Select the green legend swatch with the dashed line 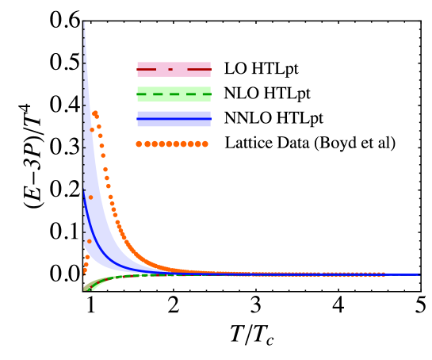(x=174, y=94)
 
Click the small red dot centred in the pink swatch (x=170, y=70)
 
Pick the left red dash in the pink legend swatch (x=146, y=70)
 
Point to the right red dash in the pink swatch (x=199, y=70)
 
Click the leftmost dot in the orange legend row (x=139, y=144)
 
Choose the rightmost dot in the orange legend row (x=205, y=144)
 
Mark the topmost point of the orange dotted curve (x=94, y=113)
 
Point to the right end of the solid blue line (x=418, y=275)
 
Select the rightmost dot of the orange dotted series (x=383, y=274)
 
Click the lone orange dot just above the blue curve (x=90, y=197)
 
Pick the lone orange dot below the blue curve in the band (x=89, y=241)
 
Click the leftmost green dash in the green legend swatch (x=141, y=94)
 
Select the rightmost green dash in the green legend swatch (x=207, y=94)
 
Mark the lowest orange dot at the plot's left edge (x=84, y=272)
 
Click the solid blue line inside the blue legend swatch (x=174, y=119)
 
